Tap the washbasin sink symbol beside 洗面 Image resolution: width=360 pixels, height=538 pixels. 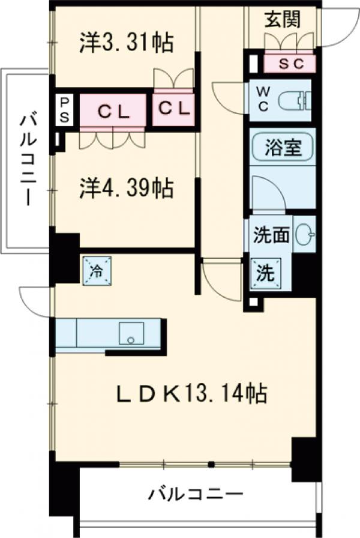pos(305,234)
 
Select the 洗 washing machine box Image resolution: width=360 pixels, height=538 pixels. pos(265,273)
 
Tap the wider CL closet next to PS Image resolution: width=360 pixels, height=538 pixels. pos(112,110)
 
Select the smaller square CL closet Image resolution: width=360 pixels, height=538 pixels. pos(173,109)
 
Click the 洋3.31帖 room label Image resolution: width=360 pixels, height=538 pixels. pos(127,43)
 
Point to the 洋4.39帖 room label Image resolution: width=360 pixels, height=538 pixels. pos(127,189)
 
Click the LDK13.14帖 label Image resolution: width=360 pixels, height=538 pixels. pos(191,394)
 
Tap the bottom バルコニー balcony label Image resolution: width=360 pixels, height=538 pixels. pos(197,495)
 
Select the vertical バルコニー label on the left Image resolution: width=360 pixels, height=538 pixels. pos(27,159)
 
